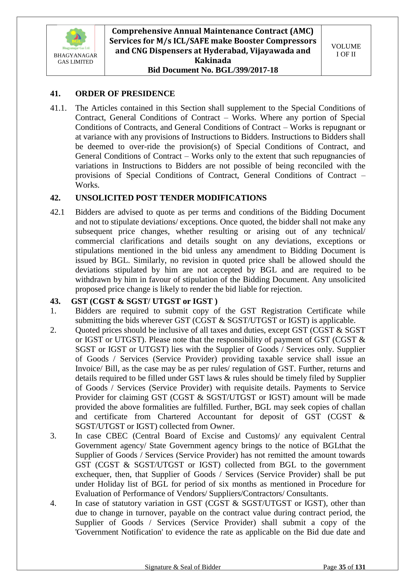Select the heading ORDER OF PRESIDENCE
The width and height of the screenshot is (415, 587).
tap(125, 94)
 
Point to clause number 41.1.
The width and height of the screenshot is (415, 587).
tap(58, 108)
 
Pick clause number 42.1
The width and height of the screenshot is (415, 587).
tap(57, 212)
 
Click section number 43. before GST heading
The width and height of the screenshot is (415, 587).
tap(55, 301)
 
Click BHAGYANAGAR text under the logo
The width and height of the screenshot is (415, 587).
tap(75, 56)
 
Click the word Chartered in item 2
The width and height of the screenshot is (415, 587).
tap(174, 416)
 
